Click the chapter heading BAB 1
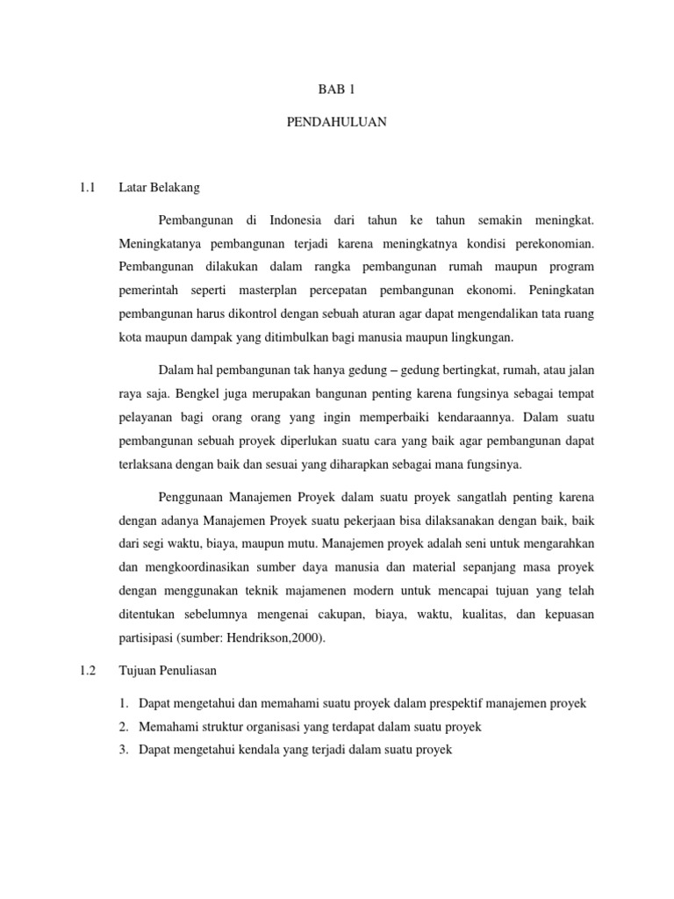coord(337,89)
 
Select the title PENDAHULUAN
coord(337,123)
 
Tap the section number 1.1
coord(86,187)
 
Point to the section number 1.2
coord(86,670)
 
